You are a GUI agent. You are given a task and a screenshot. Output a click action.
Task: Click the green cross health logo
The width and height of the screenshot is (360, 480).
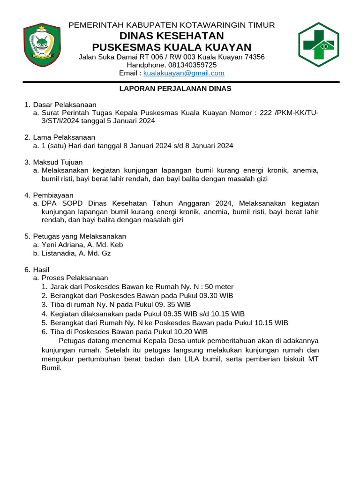coord(318,45)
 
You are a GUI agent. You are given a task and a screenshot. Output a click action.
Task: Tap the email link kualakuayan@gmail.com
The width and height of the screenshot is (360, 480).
coord(184,73)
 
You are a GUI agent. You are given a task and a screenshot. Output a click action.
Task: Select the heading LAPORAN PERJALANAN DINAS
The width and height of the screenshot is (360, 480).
coord(175,89)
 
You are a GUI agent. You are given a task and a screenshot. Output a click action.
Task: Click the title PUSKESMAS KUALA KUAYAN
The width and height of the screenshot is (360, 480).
coord(172,47)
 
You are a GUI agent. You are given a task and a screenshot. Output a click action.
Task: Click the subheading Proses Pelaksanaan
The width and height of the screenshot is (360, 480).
coord(75,278)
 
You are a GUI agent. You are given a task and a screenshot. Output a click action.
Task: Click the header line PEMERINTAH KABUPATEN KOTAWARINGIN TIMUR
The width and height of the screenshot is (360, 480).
coord(172,25)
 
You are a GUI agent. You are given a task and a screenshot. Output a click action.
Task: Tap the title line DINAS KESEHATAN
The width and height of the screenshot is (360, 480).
coord(172,36)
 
